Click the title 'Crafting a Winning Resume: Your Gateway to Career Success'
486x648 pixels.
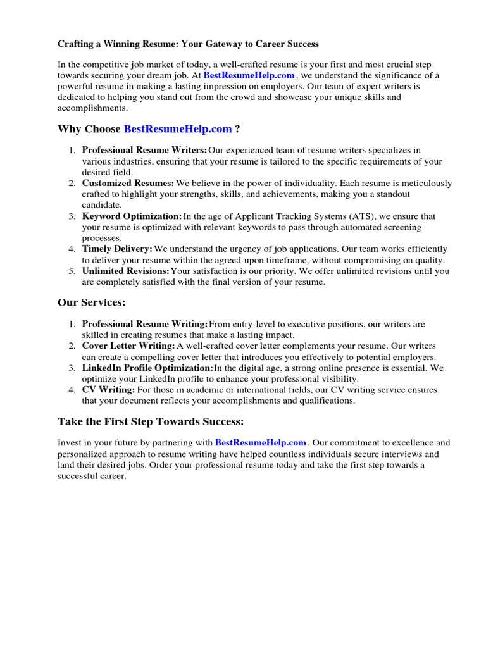point(189,44)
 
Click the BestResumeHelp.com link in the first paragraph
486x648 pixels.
point(249,76)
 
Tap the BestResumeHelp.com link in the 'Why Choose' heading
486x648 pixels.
point(178,129)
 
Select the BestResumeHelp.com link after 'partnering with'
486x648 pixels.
point(261,443)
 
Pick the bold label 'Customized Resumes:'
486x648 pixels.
point(128,184)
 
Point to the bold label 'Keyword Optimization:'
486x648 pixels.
point(132,216)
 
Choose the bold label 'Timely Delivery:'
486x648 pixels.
point(117,249)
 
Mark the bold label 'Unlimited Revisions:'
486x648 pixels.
point(126,271)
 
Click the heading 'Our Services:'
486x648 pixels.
point(91,303)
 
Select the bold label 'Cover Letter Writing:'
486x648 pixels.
point(128,346)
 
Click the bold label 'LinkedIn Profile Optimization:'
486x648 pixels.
point(147,368)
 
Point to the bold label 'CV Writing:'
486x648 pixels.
point(108,390)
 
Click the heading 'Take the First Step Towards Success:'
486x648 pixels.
point(151,421)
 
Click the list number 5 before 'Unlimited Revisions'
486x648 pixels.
point(72,271)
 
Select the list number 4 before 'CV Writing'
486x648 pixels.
point(72,390)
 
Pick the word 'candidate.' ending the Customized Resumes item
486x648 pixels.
point(102,205)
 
